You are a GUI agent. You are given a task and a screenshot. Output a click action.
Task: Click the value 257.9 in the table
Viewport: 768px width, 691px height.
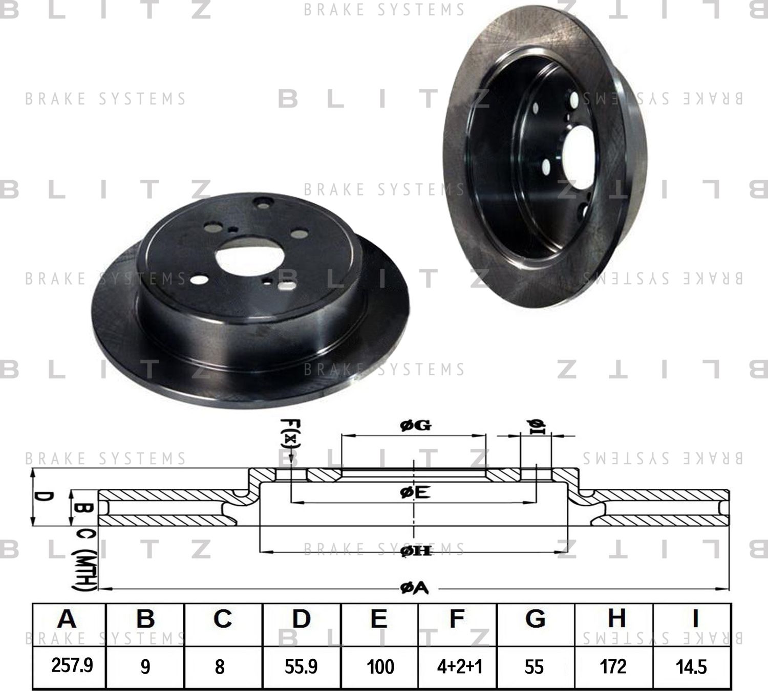[x=72, y=666]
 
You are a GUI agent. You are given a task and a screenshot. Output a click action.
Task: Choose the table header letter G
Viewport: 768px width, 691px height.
[x=535, y=619]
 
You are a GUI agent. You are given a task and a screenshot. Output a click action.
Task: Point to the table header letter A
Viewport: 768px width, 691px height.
[x=67, y=619]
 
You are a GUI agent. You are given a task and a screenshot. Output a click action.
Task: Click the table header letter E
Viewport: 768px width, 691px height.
[x=378, y=619]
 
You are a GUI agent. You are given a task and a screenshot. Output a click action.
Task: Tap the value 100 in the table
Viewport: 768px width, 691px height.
[x=380, y=666]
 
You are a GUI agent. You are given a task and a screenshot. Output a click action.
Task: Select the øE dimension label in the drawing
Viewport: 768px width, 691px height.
[x=414, y=492]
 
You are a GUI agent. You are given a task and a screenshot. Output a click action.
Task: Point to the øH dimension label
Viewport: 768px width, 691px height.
[x=415, y=551]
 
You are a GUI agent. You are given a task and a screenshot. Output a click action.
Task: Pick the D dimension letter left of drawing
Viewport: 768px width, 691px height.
[x=45, y=497]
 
